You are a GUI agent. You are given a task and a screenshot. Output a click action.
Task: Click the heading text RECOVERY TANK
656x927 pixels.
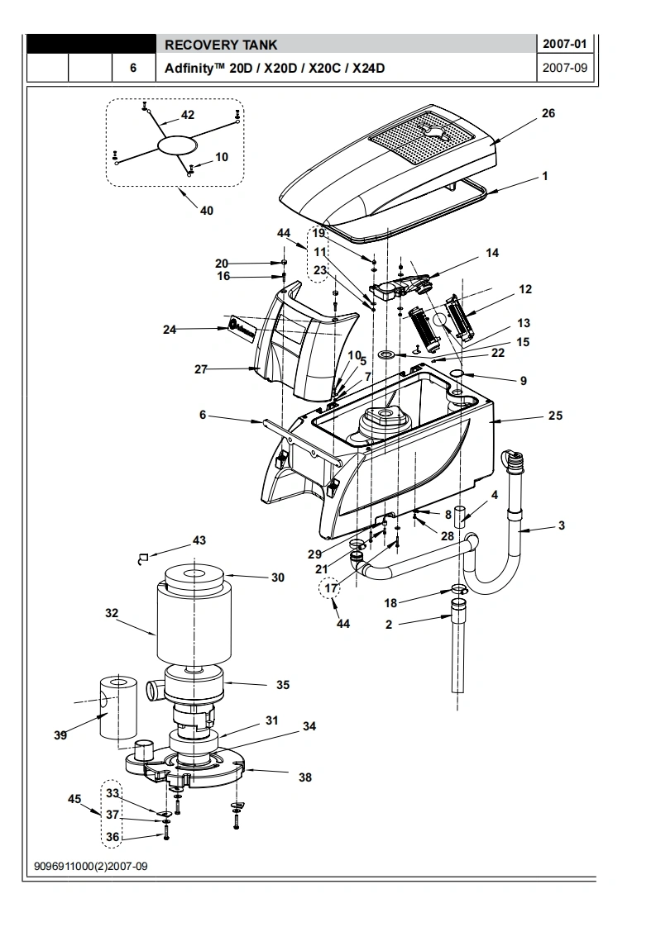coord(221,45)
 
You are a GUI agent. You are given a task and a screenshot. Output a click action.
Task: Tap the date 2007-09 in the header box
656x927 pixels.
coord(565,68)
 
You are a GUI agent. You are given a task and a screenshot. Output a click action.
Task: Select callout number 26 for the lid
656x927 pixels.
coord(548,113)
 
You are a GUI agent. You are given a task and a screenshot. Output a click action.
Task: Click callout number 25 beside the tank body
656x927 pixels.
coord(555,416)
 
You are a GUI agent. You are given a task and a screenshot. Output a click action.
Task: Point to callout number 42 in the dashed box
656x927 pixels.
coord(188,115)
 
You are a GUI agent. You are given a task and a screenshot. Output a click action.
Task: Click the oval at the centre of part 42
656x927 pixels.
coord(176,145)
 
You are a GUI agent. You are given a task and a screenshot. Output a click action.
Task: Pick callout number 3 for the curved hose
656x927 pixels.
coord(561,525)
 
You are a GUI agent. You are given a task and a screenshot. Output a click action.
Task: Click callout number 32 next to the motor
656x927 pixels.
coord(112,613)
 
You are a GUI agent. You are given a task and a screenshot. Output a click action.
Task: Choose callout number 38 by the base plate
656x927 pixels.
coord(305,777)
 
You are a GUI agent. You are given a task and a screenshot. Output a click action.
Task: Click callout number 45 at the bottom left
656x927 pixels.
coord(74,799)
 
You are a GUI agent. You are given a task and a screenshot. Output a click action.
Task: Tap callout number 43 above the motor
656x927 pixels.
coord(199,540)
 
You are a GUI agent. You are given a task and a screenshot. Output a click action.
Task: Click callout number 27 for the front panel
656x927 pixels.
coord(201,369)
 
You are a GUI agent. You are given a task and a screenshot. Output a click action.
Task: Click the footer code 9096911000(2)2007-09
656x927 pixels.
coord(91,866)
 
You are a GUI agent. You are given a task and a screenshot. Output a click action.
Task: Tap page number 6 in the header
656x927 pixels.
coord(133,68)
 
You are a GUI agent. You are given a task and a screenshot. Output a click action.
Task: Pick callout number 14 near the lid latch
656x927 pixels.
coord(492,253)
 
